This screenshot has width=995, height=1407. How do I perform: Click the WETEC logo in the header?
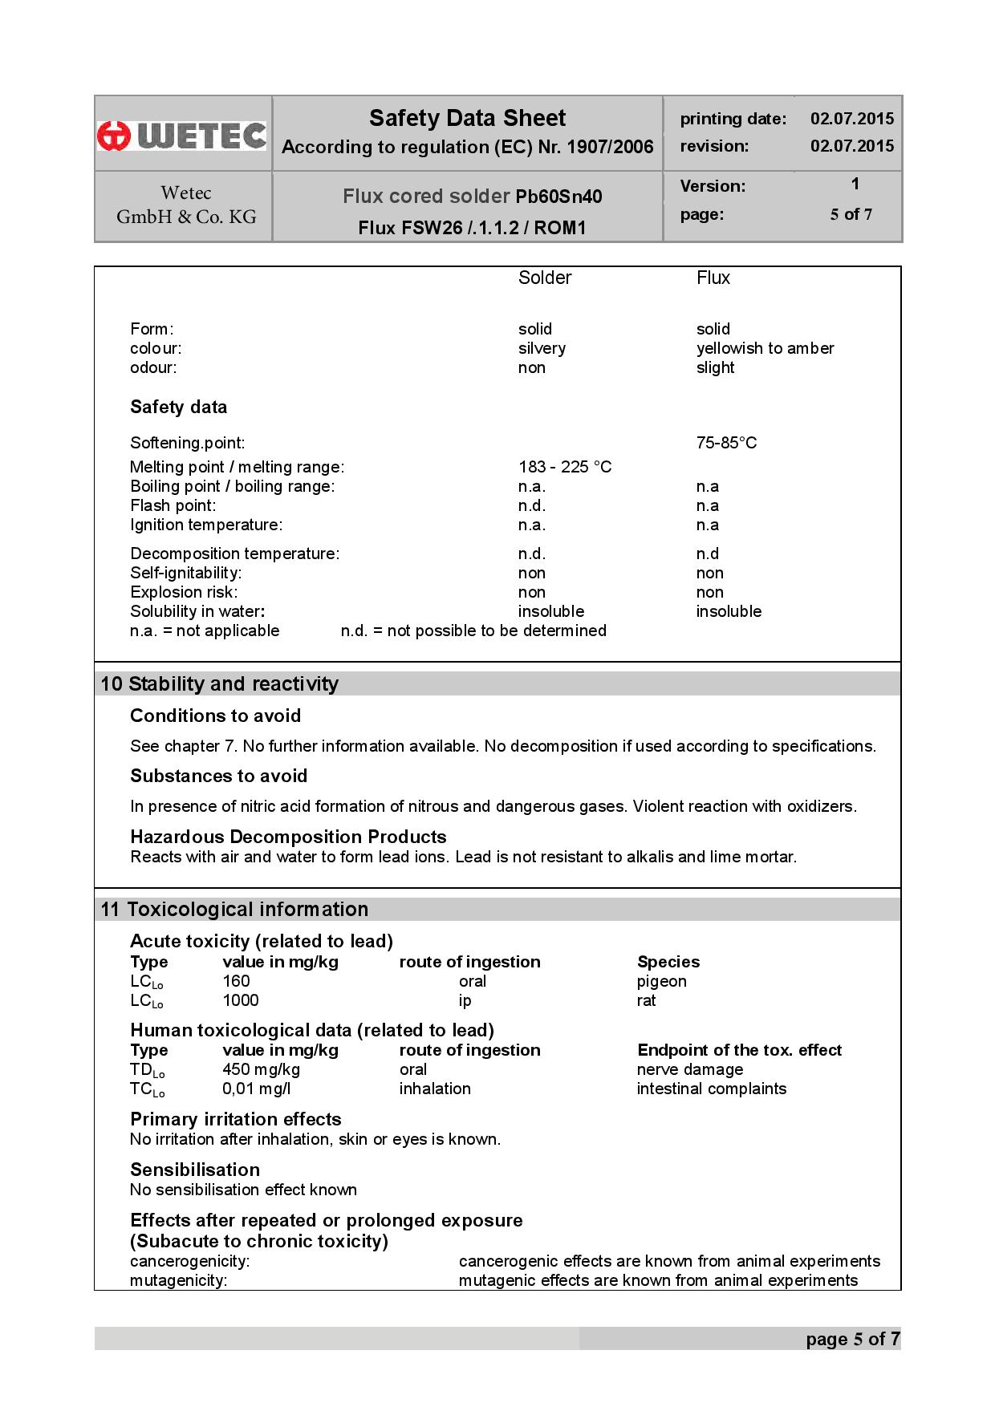click(x=182, y=135)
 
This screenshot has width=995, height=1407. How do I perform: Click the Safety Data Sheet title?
click(x=467, y=119)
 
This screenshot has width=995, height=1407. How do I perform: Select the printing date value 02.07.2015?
click(x=851, y=119)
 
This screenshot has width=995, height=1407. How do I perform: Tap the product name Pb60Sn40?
click(x=558, y=197)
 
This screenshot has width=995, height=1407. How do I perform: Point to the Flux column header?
click(x=713, y=278)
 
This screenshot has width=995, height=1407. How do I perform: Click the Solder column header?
click(x=545, y=278)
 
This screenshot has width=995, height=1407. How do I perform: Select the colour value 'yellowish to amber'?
click(x=765, y=348)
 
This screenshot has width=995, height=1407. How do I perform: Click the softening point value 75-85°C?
click(x=726, y=443)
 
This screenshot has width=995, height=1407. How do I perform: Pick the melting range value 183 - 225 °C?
click(x=565, y=467)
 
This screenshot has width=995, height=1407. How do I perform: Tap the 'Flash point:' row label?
click(x=173, y=505)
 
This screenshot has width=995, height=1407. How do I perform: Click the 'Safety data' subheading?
click(x=178, y=408)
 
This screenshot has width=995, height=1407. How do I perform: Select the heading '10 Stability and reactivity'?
click(x=220, y=684)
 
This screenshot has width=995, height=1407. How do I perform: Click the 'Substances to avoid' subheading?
click(x=219, y=776)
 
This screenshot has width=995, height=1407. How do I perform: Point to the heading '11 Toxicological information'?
click(x=234, y=909)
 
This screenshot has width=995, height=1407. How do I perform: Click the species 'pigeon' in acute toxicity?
click(x=661, y=981)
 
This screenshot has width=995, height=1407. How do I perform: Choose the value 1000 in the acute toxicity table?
click(x=241, y=1000)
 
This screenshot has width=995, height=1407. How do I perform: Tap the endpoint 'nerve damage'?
click(x=689, y=1069)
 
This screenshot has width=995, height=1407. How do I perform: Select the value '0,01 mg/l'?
click(x=257, y=1089)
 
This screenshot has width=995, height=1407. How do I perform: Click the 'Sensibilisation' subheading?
click(x=195, y=1170)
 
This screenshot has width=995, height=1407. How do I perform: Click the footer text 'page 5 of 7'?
click(x=852, y=1339)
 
